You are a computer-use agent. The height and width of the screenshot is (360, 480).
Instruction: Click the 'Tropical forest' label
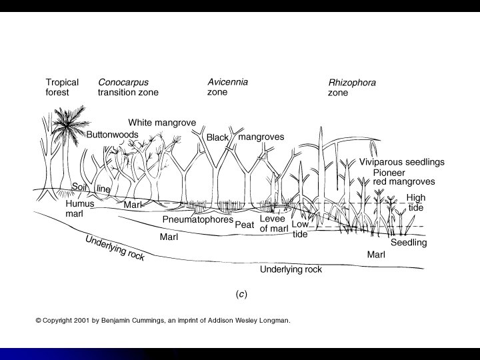(x=62, y=87)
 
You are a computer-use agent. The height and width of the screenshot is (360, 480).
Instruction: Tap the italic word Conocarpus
(x=123, y=83)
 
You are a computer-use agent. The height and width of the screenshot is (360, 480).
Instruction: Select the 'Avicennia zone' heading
(x=227, y=87)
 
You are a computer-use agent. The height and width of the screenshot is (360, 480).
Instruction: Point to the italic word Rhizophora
(x=352, y=83)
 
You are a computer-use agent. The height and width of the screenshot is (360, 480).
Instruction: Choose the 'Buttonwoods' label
(x=112, y=135)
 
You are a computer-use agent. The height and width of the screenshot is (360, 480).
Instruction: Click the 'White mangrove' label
(x=161, y=123)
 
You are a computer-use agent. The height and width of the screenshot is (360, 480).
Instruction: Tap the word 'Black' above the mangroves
(x=217, y=137)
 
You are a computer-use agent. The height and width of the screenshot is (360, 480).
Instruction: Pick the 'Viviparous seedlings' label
(x=401, y=162)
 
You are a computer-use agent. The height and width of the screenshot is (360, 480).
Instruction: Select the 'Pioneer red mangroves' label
(x=404, y=177)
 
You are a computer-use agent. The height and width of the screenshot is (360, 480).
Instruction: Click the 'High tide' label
(x=415, y=203)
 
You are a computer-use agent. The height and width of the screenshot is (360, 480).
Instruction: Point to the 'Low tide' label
(x=300, y=229)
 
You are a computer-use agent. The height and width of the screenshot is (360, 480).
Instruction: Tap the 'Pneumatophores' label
(x=198, y=219)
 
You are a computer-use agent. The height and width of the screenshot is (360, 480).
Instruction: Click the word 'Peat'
(x=245, y=225)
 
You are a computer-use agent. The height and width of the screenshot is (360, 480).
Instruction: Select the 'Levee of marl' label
(x=273, y=224)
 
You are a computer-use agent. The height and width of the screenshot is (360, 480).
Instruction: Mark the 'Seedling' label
(x=408, y=243)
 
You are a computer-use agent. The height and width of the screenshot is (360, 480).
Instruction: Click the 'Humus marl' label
(x=79, y=208)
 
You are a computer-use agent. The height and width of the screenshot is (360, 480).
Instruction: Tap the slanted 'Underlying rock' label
(x=114, y=247)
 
